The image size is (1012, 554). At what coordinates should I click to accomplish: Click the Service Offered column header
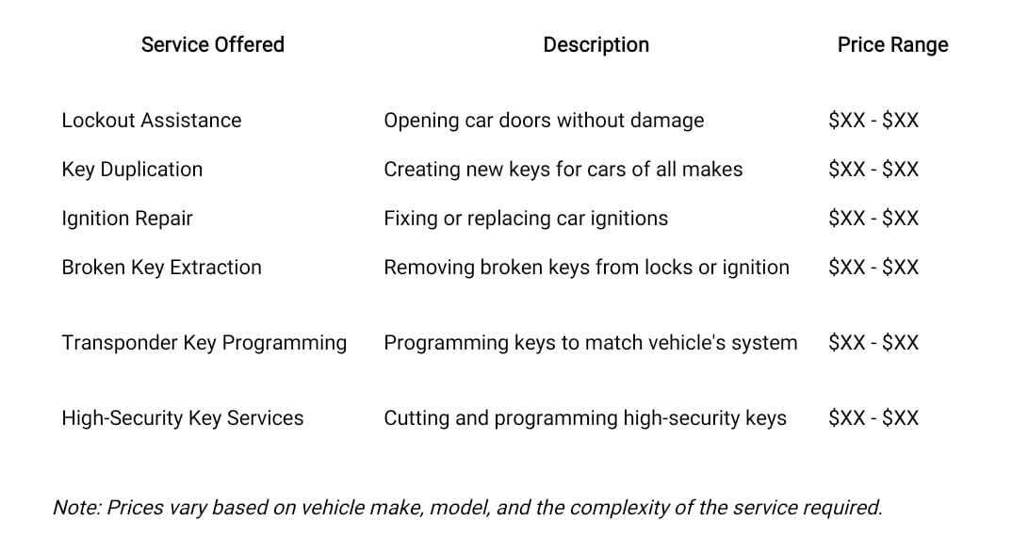pos(212,44)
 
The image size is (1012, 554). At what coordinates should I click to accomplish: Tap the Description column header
pos(596,45)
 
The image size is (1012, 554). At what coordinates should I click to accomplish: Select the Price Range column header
pos(892,45)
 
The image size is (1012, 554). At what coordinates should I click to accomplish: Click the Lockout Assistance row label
pos(152,120)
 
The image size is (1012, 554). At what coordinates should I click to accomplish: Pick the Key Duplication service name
pos(132,170)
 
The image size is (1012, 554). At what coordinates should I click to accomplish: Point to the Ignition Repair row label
pos(127,219)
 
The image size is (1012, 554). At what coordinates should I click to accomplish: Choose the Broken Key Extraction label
pos(161,268)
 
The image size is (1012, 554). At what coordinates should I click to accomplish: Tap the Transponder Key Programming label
pos(204,343)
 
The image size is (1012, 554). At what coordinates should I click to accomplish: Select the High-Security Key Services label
pos(183,418)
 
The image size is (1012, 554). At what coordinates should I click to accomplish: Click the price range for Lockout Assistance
pos(873,120)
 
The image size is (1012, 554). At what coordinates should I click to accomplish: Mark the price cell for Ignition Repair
pos(873,219)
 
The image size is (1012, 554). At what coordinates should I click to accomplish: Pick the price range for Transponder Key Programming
pos(873,342)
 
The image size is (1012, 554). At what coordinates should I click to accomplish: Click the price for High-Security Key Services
pos(873,417)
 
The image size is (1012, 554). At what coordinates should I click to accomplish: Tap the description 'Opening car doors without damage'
pos(544,121)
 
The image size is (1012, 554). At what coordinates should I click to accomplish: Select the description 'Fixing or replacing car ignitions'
pos(526,219)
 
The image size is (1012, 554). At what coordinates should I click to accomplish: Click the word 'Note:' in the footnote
pos(77,508)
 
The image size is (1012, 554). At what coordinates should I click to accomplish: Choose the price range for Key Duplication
pos(873,170)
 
